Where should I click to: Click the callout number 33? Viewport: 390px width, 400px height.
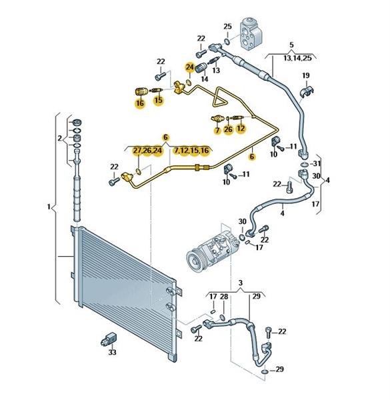coord(112,352)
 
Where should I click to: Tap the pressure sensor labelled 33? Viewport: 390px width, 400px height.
coord(109,339)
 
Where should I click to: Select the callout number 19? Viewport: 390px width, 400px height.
coord(306,75)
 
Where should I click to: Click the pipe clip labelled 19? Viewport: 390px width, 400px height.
coord(307,91)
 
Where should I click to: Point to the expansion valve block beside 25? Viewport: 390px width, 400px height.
coord(251,33)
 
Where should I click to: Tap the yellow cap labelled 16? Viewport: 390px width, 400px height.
coord(141,91)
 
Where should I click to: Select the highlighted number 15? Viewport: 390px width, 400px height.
coord(159,100)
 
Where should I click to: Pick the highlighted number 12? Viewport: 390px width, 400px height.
coord(241,128)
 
